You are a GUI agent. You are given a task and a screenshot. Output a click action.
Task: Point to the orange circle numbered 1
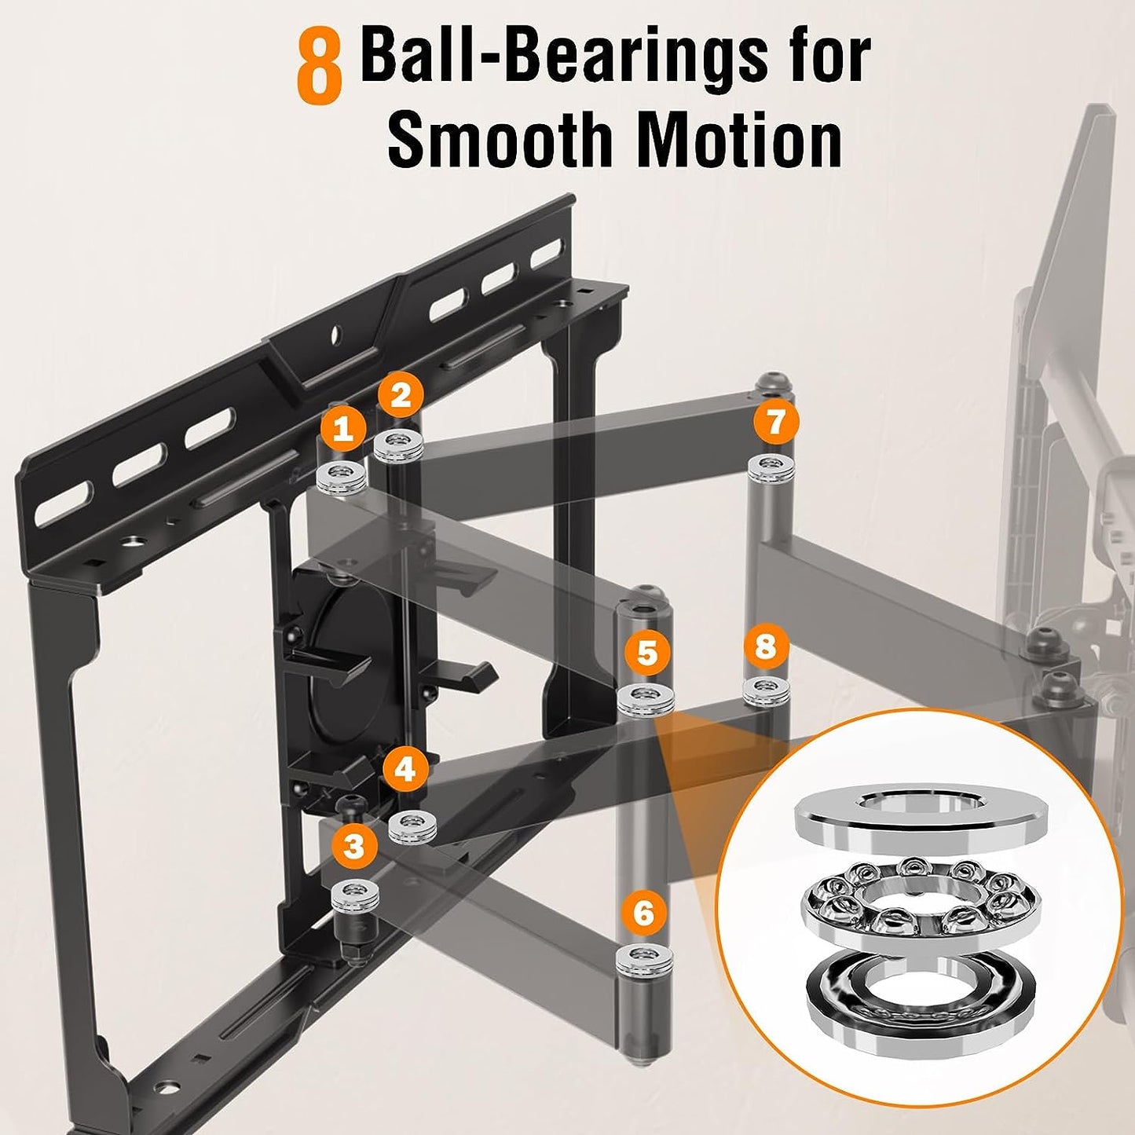point(342,429)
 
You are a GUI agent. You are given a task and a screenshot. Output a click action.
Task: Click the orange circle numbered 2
point(401,395)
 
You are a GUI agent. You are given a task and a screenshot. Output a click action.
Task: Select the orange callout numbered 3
point(354,847)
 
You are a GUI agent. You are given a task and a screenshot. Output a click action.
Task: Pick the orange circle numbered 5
point(646,654)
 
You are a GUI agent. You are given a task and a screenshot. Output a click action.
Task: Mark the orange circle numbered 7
point(775,422)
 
